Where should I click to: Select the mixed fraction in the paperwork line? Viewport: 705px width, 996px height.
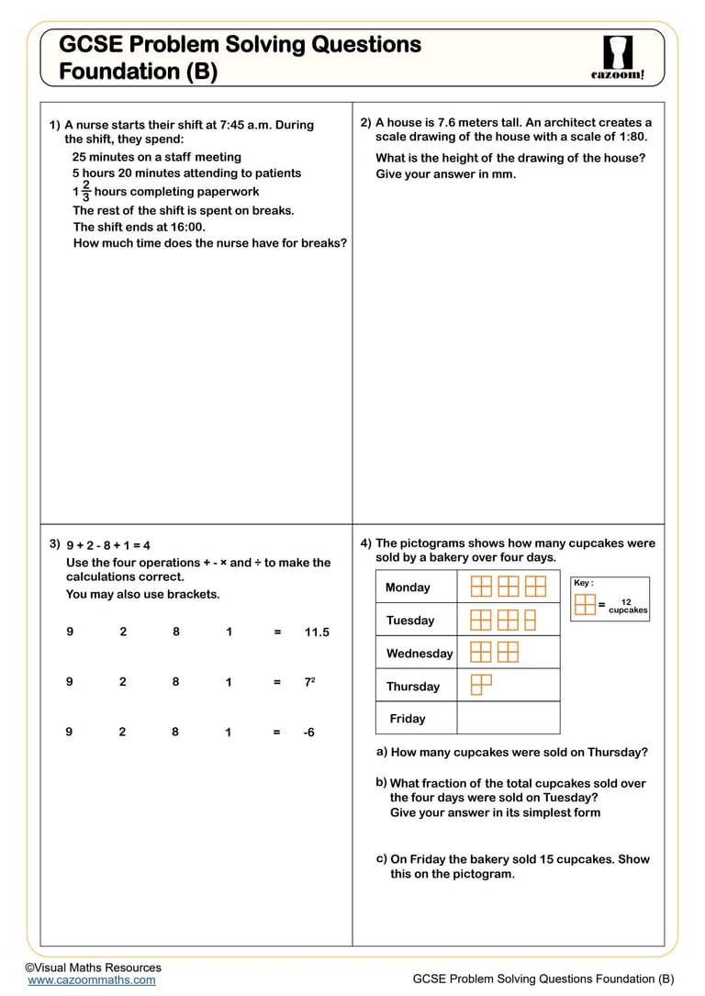click(82, 191)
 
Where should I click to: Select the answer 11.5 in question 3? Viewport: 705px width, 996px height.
click(317, 632)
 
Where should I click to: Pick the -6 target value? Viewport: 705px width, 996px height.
click(308, 733)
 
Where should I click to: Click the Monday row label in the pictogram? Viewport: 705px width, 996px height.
click(408, 588)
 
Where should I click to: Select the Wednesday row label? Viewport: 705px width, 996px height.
click(420, 654)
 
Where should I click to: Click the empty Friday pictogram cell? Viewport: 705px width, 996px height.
click(508, 719)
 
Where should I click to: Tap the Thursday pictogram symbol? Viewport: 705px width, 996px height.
click(481, 685)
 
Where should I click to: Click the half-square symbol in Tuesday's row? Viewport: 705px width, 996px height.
click(530, 620)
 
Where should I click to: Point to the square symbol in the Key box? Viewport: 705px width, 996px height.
click(585, 604)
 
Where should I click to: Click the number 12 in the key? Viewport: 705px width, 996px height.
click(626, 602)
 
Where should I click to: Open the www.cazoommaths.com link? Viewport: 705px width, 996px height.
click(91, 979)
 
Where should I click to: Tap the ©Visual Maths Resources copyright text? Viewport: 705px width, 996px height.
click(93, 967)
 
